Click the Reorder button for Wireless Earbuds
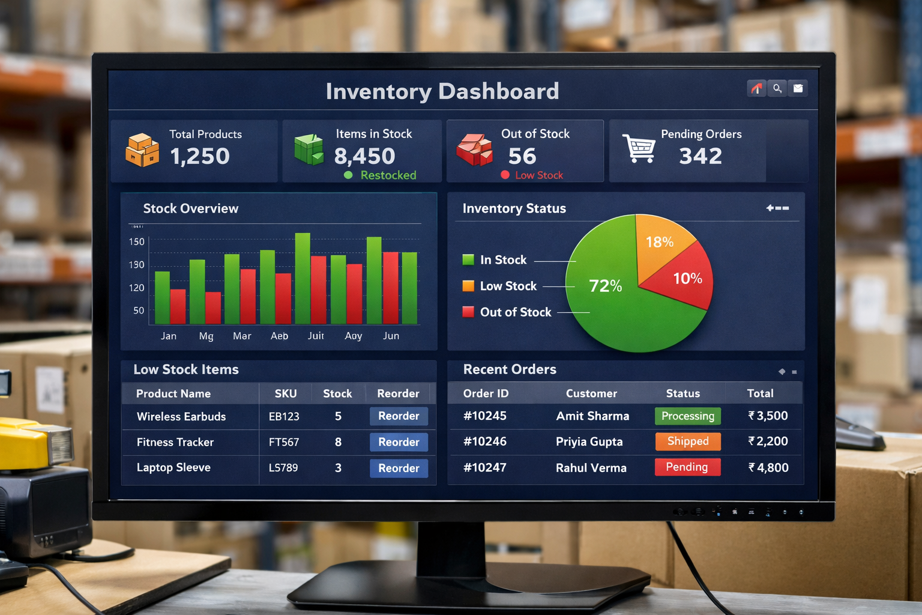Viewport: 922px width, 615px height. coord(399,416)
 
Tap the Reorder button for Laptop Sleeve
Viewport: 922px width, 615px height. coord(399,468)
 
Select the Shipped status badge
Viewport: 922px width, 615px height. coord(688,441)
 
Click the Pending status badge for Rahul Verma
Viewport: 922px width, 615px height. coord(687,467)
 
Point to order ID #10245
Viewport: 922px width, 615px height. coord(485,416)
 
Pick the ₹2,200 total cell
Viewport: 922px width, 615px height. coord(768,441)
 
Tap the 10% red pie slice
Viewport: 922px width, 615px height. coord(687,279)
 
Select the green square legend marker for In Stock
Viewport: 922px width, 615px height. coord(468,259)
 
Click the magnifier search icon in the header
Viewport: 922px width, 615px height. coord(777,89)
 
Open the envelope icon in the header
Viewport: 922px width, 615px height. coord(798,89)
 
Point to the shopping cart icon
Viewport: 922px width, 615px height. coord(639,148)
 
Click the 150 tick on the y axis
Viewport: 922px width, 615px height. coord(137,242)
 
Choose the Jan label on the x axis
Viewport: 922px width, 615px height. coord(169,336)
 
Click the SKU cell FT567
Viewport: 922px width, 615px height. coord(284,442)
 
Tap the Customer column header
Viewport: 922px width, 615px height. coord(591,393)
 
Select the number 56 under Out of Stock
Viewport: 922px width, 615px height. coord(522,156)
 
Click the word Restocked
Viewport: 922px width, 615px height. coord(388,175)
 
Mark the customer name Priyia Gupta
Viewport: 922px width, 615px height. coord(589,442)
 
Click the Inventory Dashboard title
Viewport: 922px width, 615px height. coord(442,91)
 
